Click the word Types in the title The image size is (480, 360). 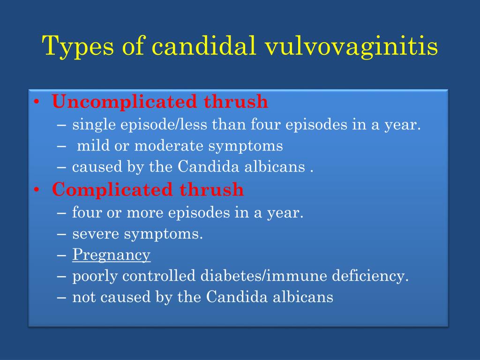click(78, 46)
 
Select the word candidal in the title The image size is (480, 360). click(204, 45)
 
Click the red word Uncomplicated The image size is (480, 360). click(124, 102)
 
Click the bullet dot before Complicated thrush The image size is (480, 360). click(37, 190)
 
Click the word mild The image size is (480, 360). click(93, 145)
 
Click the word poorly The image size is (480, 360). click(95, 277)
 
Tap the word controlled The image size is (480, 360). click(159, 276)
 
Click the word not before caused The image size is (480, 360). click(83, 297)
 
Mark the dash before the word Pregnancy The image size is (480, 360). click(61, 255)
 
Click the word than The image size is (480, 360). click(229, 124)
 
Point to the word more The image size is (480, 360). click(145, 213)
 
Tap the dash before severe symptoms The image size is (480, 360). click(61, 234)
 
